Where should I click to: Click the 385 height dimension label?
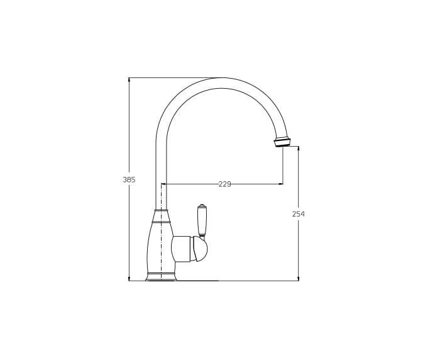point(129,180)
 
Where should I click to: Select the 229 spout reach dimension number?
point(224,184)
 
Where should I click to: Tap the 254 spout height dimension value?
point(299,214)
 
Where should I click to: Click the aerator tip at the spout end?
point(282,142)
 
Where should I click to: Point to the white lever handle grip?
point(202,221)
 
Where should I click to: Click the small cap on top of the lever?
point(202,206)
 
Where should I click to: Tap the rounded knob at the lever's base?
point(200,249)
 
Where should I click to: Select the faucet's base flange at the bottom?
point(161,277)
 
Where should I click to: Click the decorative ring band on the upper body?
point(161,221)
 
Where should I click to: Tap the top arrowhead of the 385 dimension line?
point(129,80)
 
